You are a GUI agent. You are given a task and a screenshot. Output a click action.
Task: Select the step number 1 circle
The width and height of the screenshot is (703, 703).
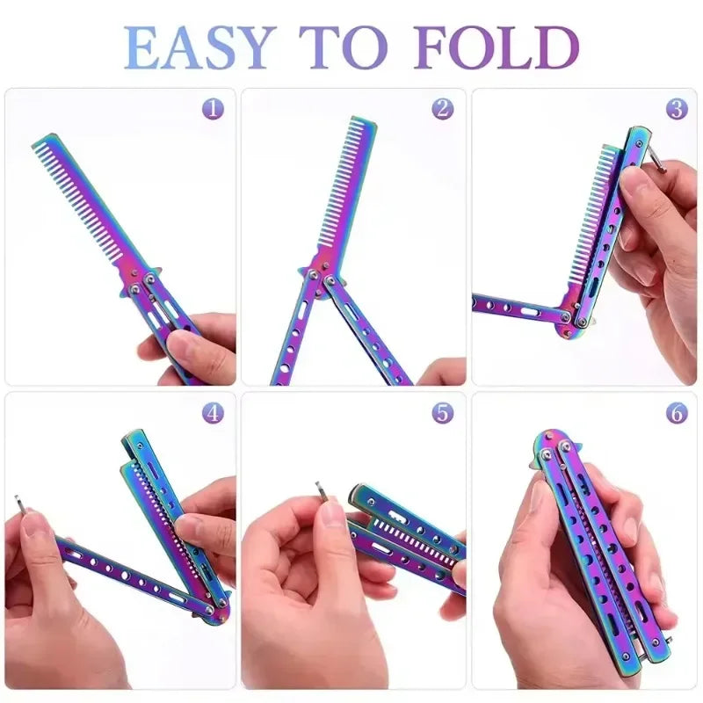click(212, 109)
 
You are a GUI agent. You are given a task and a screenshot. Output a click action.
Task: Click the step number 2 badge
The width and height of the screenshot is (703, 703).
click(443, 109)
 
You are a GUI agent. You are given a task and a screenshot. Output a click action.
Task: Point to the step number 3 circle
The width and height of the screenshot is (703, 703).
click(676, 109)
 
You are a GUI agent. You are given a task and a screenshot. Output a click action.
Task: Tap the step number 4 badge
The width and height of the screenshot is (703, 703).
click(212, 412)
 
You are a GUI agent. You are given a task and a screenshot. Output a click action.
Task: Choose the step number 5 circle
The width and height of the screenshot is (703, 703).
click(443, 412)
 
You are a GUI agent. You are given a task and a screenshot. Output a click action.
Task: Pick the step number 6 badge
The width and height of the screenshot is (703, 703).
click(676, 412)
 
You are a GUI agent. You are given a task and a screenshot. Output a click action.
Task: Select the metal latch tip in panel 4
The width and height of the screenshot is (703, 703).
click(18, 504)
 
